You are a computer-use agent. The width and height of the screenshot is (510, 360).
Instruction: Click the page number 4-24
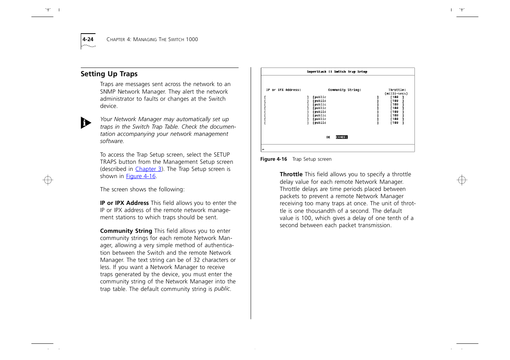point(88,39)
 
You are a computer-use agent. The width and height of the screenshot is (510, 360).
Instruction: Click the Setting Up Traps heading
point(109,74)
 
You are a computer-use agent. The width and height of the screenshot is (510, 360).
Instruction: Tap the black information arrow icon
point(86,123)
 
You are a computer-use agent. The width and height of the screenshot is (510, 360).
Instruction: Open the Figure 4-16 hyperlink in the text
point(141,176)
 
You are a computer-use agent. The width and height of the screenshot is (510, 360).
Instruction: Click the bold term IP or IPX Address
point(124,203)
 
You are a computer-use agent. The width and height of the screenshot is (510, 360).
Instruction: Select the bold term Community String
point(126,231)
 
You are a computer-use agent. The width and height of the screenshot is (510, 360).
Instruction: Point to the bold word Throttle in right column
point(291,174)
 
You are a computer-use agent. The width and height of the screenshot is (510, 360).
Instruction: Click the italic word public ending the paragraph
point(222,289)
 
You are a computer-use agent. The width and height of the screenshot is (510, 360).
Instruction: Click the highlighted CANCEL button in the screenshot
point(342,137)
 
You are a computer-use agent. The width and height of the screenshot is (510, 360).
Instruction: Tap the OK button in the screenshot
point(328,137)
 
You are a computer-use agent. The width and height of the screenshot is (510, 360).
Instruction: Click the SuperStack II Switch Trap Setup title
point(337,72)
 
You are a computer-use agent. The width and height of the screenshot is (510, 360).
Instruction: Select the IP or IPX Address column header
point(284,90)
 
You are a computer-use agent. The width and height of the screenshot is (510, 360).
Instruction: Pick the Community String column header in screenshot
point(344,90)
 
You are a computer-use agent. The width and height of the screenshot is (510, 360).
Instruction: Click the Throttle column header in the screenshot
point(397,90)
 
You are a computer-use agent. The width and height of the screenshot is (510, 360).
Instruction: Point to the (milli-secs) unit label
point(396,94)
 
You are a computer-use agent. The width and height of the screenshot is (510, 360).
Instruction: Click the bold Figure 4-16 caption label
point(273,159)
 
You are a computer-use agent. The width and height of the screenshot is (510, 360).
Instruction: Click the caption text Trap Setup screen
point(312,159)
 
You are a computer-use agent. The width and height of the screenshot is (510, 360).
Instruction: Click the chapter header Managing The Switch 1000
point(152,39)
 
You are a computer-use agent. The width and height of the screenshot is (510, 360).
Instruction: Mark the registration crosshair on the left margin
point(48,180)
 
